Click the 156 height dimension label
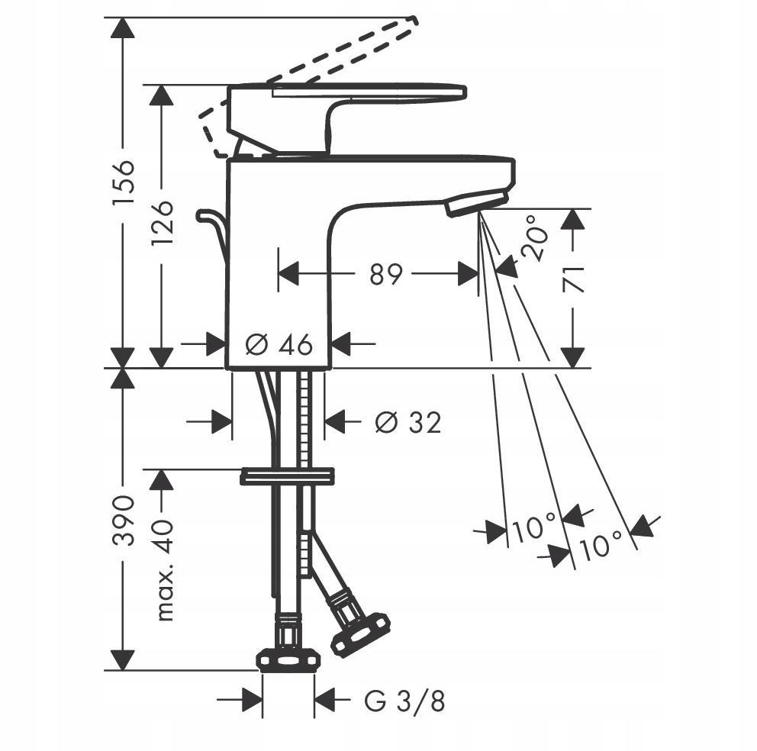tap(122, 184)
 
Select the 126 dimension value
tap(162, 222)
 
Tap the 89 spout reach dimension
tap(385, 274)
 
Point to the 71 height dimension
tap(574, 280)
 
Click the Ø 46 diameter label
tap(279, 345)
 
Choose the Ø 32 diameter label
tap(408, 421)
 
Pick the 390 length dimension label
tap(122, 520)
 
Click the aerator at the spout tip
tap(476, 203)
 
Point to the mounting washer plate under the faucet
tap(287, 477)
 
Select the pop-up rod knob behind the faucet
tap(205, 217)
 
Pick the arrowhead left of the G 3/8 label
tap(250, 699)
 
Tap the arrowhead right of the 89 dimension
tap(467, 274)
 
